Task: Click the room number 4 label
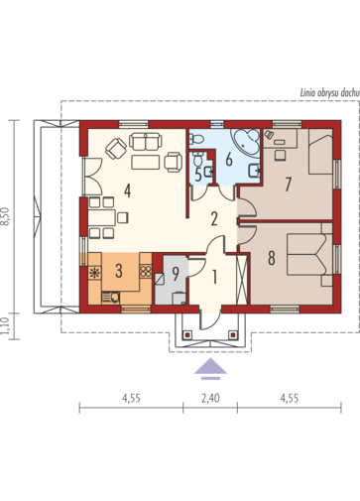[x=127, y=190]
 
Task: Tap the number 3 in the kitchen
[x=119, y=271]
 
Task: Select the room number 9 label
[x=176, y=274]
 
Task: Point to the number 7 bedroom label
[x=288, y=185]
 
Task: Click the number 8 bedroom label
[x=272, y=258]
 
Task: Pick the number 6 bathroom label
[x=229, y=159]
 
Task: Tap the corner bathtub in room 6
[x=246, y=142]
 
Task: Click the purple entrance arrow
[x=210, y=368]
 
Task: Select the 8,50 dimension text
[x=5, y=216]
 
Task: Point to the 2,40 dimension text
[x=210, y=398]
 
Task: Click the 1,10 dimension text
[x=5, y=326]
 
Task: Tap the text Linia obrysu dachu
[x=329, y=93]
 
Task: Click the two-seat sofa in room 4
[x=146, y=141]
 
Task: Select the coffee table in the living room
[x=146, y=162]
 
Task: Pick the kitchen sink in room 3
[x=111, y=298]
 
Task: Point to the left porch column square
[x=187, y=334]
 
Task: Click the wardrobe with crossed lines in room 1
[x=242, y=280]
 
